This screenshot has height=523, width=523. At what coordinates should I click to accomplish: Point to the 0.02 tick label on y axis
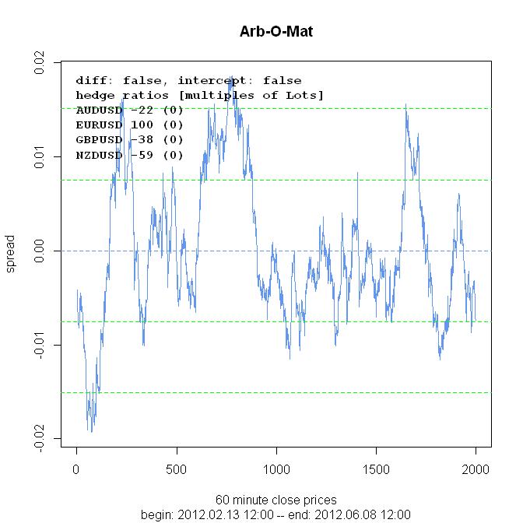39,62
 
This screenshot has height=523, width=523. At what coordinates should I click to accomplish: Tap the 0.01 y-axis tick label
39,156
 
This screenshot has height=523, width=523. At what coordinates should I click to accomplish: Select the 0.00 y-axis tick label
39,251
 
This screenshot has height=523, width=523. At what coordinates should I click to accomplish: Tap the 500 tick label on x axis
177,469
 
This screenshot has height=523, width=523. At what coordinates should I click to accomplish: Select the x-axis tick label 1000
276,469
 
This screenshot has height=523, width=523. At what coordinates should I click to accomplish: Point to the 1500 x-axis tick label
376,469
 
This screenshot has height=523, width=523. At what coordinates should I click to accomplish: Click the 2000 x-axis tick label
476,469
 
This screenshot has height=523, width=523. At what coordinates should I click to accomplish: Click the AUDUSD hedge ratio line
129,110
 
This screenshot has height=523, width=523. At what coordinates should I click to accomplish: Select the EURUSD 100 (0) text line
129,125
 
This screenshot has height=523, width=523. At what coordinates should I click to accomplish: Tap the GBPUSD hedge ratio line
129,139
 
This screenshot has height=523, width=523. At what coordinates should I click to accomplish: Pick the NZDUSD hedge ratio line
129,155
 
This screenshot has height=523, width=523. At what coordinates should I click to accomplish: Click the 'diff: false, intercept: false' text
188,80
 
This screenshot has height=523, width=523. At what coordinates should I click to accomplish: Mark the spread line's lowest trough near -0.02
90,430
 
